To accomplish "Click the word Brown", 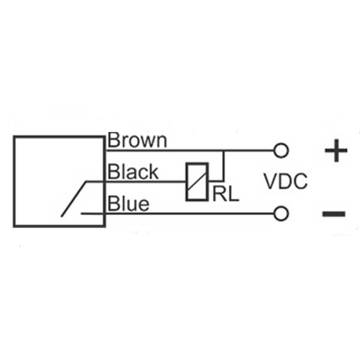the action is (x=137, y=140).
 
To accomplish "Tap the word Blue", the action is (x=128, y=203).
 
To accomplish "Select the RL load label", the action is (x=226, y=193).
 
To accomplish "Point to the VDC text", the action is (x=286, y=181).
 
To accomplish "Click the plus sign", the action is (x=336, y=151).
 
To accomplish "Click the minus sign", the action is (x=334, y=214).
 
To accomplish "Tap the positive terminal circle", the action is (x=281, y=151).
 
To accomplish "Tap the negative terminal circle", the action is (x=281, y=214).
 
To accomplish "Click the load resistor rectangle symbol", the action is (x=197, y=182).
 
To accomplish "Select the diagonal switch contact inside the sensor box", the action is (x=73, y=199).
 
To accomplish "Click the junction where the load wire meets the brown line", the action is (x=223, y=151).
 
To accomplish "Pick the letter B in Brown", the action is (x=113, y=140).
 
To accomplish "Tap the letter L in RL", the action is (x=233, y=193).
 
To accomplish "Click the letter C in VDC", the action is (x=301, y=181).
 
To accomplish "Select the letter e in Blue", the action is (x=144, y=205).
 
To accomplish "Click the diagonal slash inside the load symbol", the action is (x=197, y=181).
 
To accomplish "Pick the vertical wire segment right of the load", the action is (x=223, y=166).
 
